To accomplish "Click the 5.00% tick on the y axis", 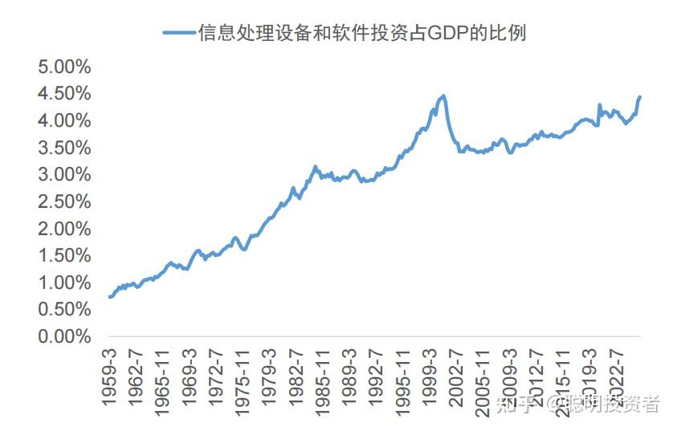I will [x=64, y=66].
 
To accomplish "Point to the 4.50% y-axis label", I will [x=64, y=93].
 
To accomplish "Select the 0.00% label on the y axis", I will [x=64, y=336].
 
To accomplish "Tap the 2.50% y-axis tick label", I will [x=64, y=201].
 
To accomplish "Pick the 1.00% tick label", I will [x=64, y=283].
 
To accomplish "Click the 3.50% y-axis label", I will [x=64, y=148].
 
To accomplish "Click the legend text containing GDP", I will [x=362, y=33].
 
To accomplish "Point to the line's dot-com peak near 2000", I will [x=442, y=96].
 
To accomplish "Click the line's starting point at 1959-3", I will [x=109, y=297].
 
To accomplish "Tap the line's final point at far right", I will [x=639, y=97].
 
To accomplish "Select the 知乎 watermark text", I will [x=515, y=404].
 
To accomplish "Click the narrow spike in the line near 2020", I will [x=599, y=104].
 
